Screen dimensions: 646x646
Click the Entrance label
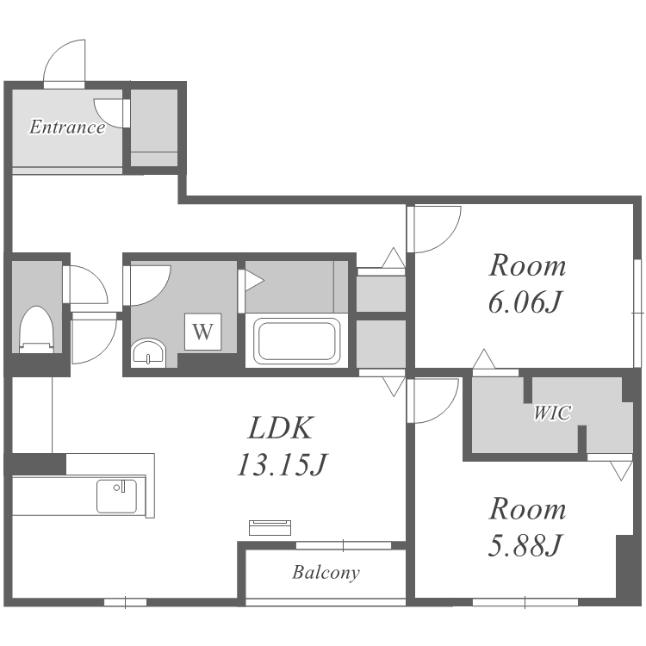(x=66, y=127)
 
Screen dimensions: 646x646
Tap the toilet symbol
(x=37, y=329)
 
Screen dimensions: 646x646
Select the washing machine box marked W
(x=202, y=332)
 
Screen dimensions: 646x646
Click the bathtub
(x=296, y=341)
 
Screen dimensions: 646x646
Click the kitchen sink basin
(x=116, y=496)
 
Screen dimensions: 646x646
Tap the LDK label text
(x=281, y=427)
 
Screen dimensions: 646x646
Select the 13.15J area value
(x=282, y=464)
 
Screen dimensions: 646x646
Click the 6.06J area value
(x=525, y=302)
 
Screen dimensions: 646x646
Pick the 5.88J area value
(x=525, y=544)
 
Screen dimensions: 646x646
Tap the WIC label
(x=552, y=413)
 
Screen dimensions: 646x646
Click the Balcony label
(x=326, y=572)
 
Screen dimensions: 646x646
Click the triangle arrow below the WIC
(x=621, y=471)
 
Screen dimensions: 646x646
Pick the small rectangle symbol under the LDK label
(x=270, y=528)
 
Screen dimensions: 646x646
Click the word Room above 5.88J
(x=527, y=510)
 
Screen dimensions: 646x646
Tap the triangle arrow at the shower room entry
(x=254, y=281)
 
